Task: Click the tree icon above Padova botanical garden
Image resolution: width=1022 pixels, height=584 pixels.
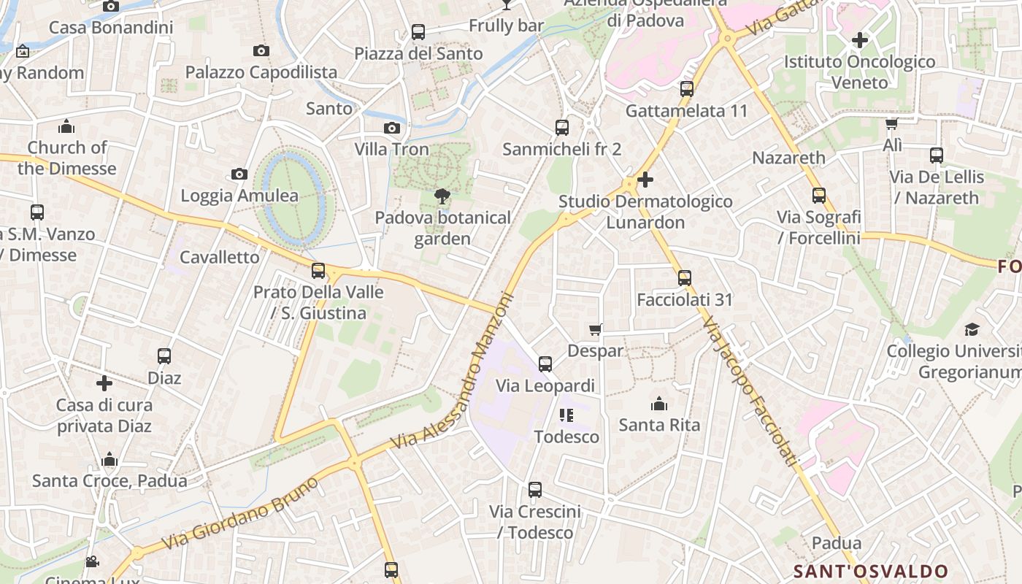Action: (442, 196)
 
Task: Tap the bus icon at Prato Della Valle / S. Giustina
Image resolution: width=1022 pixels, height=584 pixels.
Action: (318, 271)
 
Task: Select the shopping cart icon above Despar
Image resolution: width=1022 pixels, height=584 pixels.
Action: (596, 330)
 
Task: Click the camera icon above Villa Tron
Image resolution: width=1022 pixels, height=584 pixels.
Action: (392, 128)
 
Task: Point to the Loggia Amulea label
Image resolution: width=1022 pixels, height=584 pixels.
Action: (239, 196)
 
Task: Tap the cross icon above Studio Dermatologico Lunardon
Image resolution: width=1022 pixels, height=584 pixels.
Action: (645, 179)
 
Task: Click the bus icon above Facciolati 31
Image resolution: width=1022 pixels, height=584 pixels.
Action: (684, 278)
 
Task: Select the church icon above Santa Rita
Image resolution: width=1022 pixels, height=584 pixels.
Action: (659, 404)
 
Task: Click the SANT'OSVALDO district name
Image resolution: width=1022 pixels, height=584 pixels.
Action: (870, 571)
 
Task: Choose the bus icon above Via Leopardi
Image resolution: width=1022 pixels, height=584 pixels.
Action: (545, 364)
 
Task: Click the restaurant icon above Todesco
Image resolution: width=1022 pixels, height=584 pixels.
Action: (566, 415)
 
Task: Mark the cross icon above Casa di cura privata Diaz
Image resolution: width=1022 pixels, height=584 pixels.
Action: (104, 383)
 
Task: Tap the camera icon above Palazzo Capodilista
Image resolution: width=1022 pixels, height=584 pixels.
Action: (261, 50)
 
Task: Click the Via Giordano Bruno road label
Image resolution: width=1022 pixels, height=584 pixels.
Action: (240, 514)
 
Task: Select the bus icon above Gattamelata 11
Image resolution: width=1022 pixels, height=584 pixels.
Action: (687, 89)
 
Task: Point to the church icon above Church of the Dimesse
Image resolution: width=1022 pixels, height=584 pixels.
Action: (66, 126)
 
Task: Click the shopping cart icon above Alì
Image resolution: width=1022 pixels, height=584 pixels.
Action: (891, 123)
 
